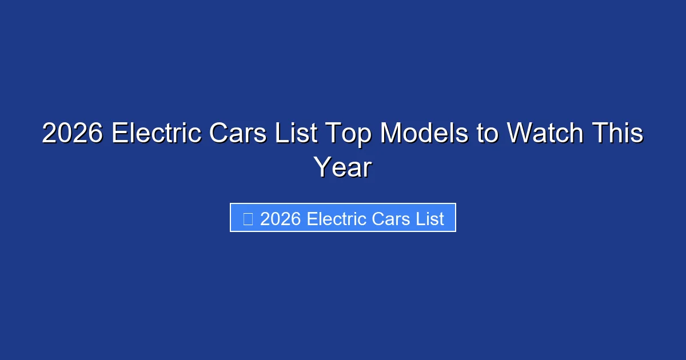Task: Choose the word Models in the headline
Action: click(422, 134)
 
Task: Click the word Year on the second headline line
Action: click(343, 167)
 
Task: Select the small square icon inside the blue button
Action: click(248, 218)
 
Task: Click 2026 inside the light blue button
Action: click(281, 219)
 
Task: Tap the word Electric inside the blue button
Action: click(334, 219)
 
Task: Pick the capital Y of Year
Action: click(322, 167)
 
